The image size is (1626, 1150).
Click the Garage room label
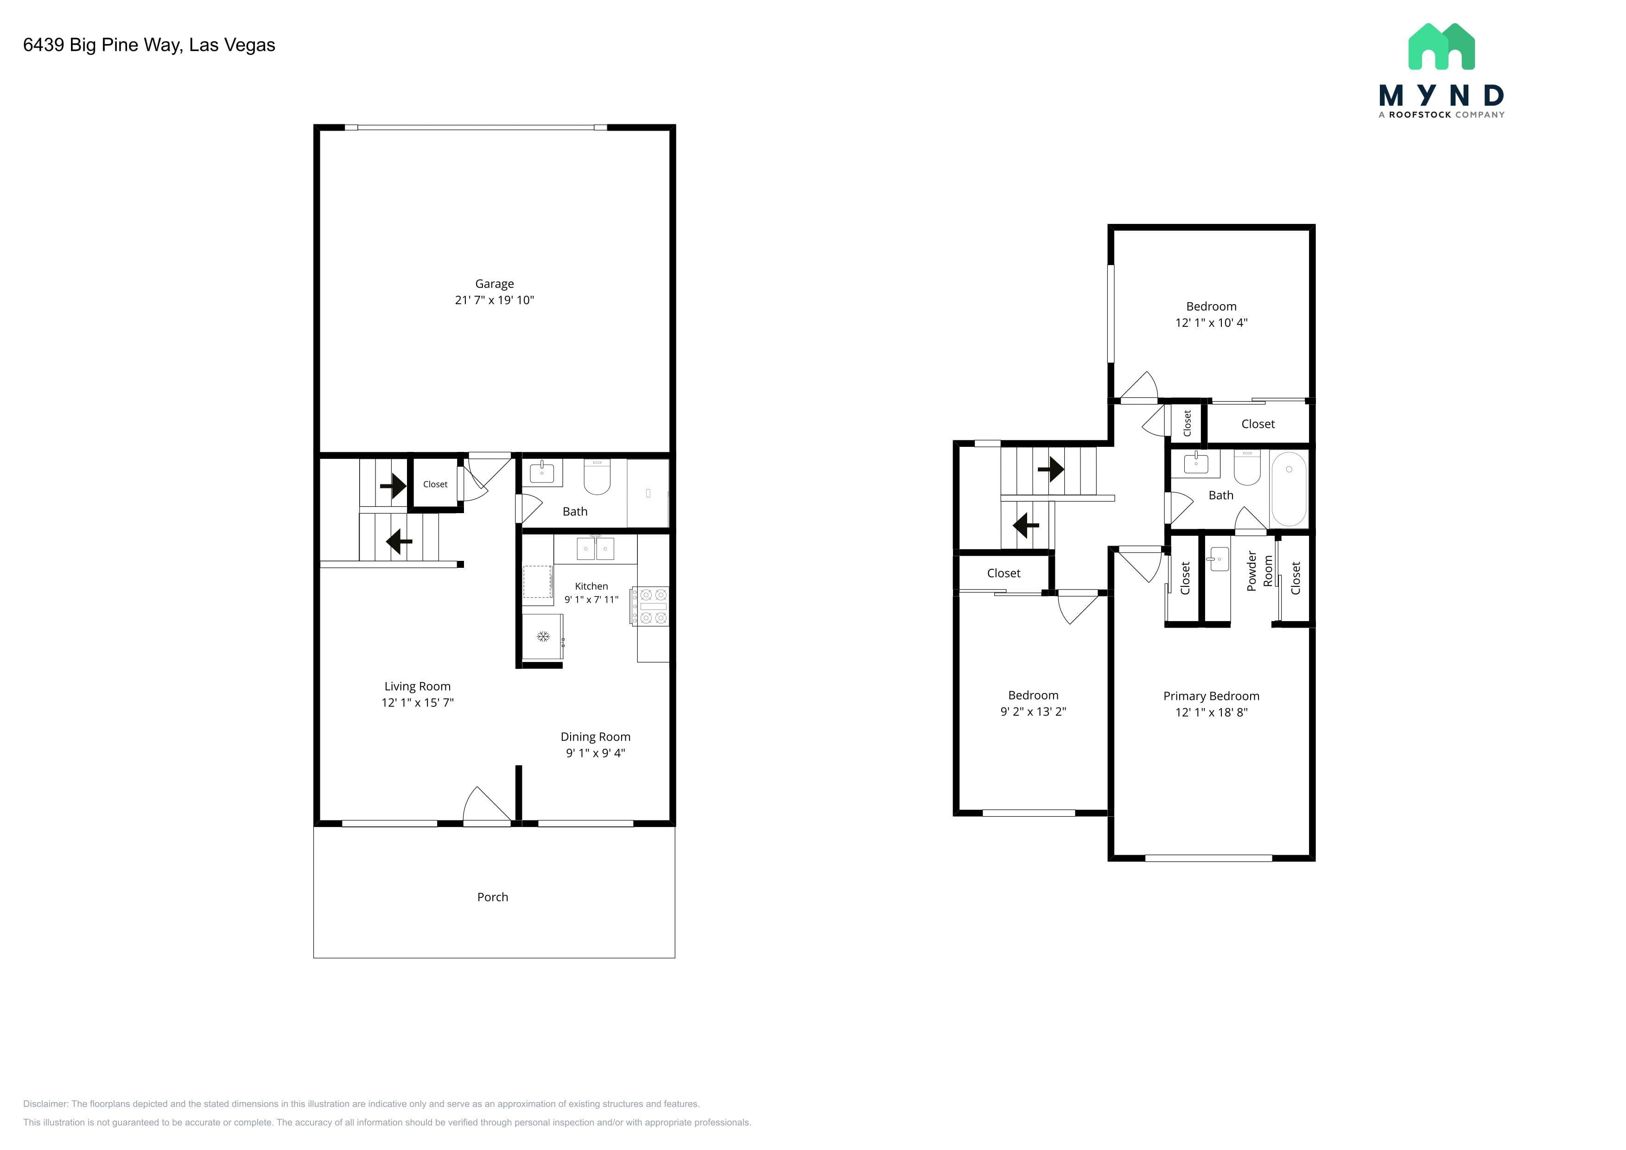coord(494,283)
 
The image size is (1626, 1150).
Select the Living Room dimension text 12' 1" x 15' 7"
coord(418,702)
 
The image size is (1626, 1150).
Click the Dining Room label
coord(596,737)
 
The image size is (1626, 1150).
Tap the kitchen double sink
coord(595,549)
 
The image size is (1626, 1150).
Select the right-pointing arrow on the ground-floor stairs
coord(393,486)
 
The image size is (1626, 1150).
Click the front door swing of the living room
coord(487,804)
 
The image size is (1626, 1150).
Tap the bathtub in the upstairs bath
coord(1289,489)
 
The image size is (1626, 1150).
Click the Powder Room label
coord(1260,571)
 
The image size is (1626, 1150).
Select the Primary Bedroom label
coord(1211,696)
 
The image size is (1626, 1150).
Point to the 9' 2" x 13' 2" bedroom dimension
coord(1033,712)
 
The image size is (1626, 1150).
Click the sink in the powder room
coord(1218,559)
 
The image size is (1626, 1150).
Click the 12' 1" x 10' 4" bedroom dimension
coord(1211,323)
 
